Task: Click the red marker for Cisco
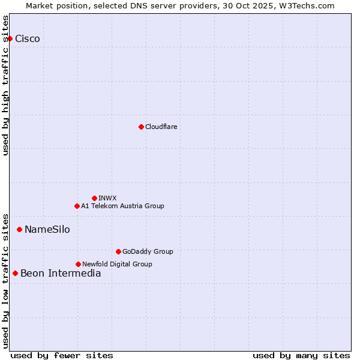coord(10,39)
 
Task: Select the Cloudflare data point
coord(141,127)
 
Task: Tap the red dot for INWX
coord(94,198)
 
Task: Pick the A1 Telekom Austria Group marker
coord(77,206)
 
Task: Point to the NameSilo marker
coord(19,229)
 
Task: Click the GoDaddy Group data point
coord(118,251)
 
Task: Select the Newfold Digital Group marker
coord(78,264)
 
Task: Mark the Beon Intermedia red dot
coord(15,274)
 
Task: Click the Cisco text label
coord(28,39)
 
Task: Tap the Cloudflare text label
coord(161,127)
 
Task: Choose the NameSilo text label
coord(47,230)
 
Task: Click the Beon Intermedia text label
coord(61,274)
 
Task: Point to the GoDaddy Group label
coord(148,251)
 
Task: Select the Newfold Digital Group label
coord(117,264)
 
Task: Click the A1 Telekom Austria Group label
coord(122,206)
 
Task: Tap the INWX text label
coord(107,198)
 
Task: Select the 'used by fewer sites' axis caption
coord(62,355)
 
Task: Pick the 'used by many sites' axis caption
coord(301,355)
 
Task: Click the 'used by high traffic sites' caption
coord(6,85)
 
